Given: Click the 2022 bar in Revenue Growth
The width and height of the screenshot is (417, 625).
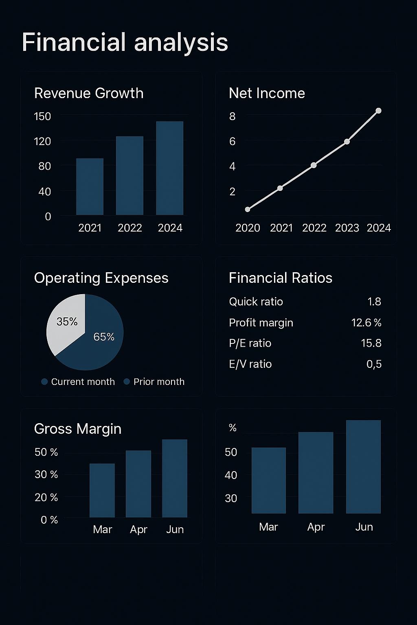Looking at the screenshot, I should click(x=129, y=175).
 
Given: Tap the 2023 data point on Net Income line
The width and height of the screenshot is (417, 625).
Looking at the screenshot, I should click(x=347, y=142).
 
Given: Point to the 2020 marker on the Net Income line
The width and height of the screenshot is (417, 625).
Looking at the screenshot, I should click(x=248, y=209).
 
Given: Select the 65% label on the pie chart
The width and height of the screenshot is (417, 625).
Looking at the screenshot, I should click(x=104, y=337).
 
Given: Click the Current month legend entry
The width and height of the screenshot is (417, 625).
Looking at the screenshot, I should click(x=78, y=382).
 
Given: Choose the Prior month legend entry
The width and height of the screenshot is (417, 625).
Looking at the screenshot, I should click(x=155, y=382).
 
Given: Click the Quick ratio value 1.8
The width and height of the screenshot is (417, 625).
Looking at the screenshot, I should click(x=374, y=302).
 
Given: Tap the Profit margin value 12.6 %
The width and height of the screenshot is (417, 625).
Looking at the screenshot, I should click(x=366, y=323).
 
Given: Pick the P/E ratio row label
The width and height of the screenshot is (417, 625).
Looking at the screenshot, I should click(x=250, y=343).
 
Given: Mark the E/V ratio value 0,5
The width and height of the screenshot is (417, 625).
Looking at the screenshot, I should click(x=374, y=364).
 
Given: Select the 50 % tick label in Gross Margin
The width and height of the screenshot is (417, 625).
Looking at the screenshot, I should click(x=46, y=452).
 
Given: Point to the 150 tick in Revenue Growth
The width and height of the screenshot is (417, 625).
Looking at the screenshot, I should click(x=42, y=116).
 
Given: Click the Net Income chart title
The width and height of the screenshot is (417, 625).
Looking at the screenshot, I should click(x=267, y=93).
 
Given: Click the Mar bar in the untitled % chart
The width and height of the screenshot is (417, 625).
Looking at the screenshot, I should click(x=269, y=480).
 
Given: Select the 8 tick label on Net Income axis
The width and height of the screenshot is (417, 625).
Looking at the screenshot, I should click(x=232, y=116).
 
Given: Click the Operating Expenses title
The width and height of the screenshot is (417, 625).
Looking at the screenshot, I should click(x=101, y=278).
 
